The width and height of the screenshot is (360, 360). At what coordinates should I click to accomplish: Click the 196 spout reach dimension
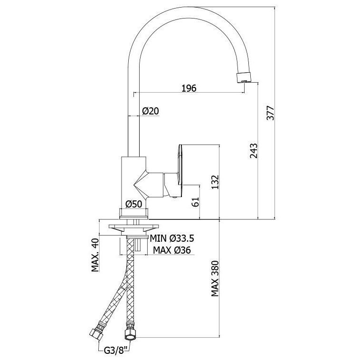pyautogui.click(x=189, y=88)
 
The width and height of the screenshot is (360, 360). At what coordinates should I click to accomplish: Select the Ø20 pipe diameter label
pyautogui.click(x=151, y=111)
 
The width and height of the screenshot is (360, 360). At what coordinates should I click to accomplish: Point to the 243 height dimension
pyautogui.click(x=254, y=151)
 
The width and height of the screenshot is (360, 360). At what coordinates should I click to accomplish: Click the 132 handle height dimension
pyautogui.click(x=215, y=182)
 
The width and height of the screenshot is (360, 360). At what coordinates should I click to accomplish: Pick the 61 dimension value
pyautogui.click(x=195, y=202)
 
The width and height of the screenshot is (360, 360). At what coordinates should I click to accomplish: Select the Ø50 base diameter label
pyautogui.click(x=134, y=204)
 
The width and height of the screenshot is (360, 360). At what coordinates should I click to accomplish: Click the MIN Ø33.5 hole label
pyautogui.click(x=172, y=238)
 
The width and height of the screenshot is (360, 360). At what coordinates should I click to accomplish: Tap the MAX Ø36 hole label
pyautogui.click(x=172, y=250)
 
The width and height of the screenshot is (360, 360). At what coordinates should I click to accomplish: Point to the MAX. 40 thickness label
pyautogui.click(x=95, y=255)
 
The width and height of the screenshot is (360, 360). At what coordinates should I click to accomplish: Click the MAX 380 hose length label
pyautogui.click(x=215, y=278)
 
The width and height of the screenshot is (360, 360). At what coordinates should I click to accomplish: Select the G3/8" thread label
pyautogui.click(x=117, y=351)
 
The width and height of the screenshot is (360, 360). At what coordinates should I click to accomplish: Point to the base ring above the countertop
pyautogui.click(x=134, y=213)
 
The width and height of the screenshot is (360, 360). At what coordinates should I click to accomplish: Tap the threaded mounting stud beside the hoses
pyautogui.click(x=138, y=245)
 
